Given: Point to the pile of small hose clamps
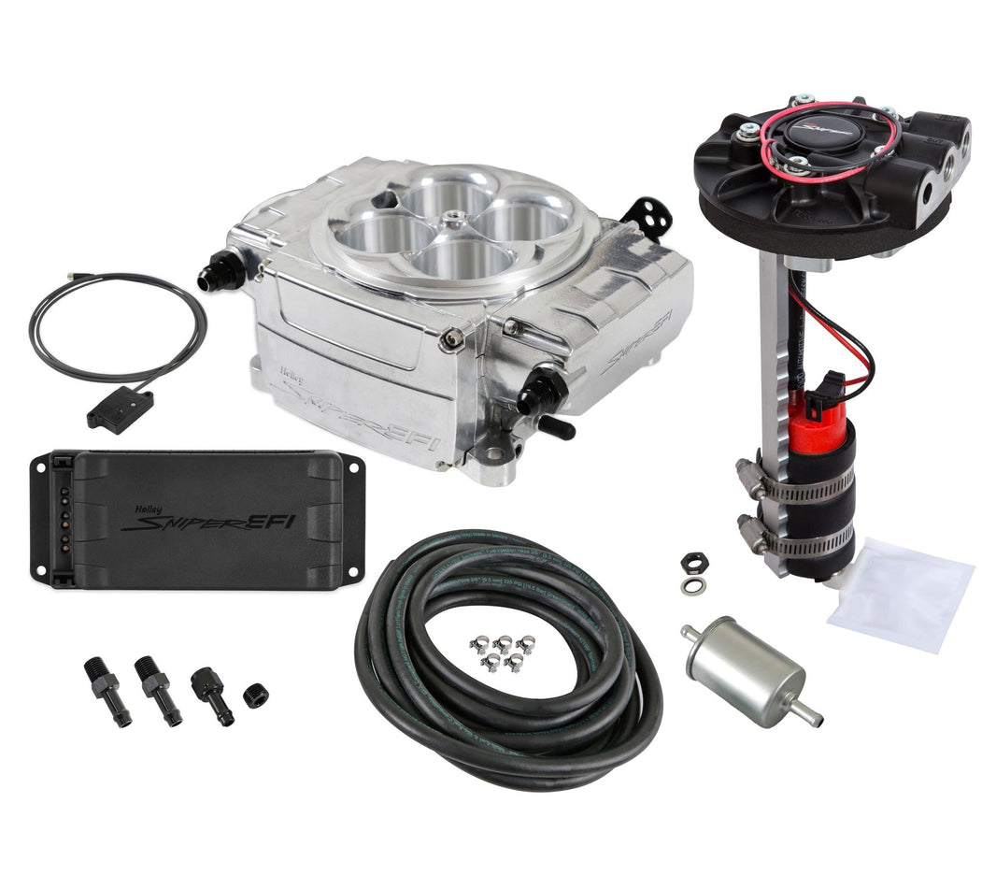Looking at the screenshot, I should pyautogui.click(x=496, y=651).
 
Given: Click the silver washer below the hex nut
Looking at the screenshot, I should pyautogui.click(x=693, y=585).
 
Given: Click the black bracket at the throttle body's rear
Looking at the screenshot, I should pyautogui.click(x=652, y=214).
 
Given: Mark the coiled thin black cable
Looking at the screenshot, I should pyautogui.click(x=116, y=326).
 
